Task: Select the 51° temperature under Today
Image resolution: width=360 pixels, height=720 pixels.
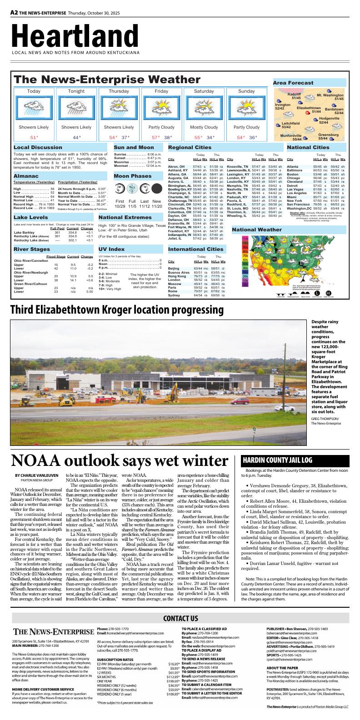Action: point(34,137)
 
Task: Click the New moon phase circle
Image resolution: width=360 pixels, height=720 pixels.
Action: point(156,189)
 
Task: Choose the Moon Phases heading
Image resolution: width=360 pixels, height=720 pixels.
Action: point(132,175)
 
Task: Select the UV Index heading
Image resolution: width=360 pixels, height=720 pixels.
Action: point(111,249)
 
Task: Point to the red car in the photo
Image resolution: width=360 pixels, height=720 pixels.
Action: point(236,400)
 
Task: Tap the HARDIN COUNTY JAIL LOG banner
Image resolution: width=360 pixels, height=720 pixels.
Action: point(277,460)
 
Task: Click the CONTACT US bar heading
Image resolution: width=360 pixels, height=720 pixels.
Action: point(180,618)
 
